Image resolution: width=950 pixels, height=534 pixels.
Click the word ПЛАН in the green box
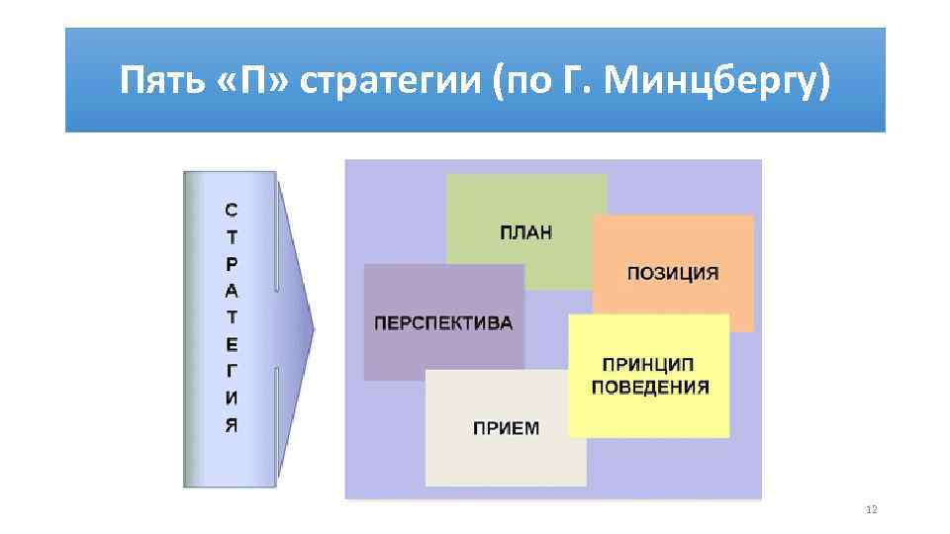(x=526, y=232)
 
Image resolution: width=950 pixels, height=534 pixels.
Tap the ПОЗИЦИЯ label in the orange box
(x=673, y=273)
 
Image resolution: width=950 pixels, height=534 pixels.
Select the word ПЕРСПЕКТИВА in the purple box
(x=443, y=323)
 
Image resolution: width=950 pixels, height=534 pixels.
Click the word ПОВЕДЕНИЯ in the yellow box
(x=650, y=387)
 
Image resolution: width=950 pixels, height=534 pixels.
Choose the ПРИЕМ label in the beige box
(x=506, y=428)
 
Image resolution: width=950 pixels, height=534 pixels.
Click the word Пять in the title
(x=155, y=80)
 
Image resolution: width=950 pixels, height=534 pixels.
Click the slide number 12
(x=871, y=509)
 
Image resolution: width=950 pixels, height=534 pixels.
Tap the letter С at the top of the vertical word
(x=231, y=210)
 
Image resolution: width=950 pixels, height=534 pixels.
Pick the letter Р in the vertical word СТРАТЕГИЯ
(x=231, y=264)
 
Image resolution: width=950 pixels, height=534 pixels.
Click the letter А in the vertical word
(x=231, y=291)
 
